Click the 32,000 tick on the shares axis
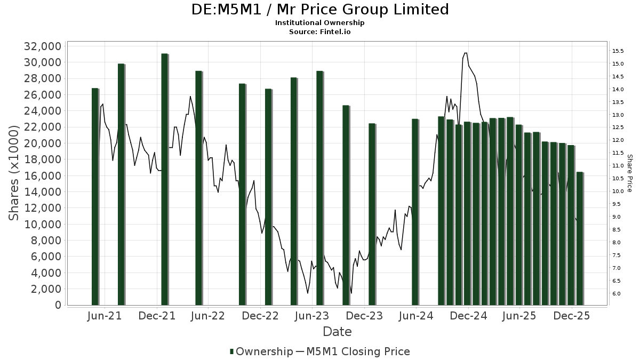tap(42, 46)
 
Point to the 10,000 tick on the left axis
tap(42, 225)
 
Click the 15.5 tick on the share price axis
tap(618, 51)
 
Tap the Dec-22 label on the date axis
tap(261, 316)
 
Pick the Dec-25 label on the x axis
tap(571, 316)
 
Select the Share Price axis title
tap(629, 173)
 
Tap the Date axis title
tap(337, 332)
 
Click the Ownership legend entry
tap(261, 351)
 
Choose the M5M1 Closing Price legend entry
tap(353, 351)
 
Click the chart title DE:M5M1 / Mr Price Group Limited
tap(320, 10)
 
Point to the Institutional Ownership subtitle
tap(320, 23)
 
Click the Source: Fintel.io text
tap(320, 31)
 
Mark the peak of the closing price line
tap(466, 53)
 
